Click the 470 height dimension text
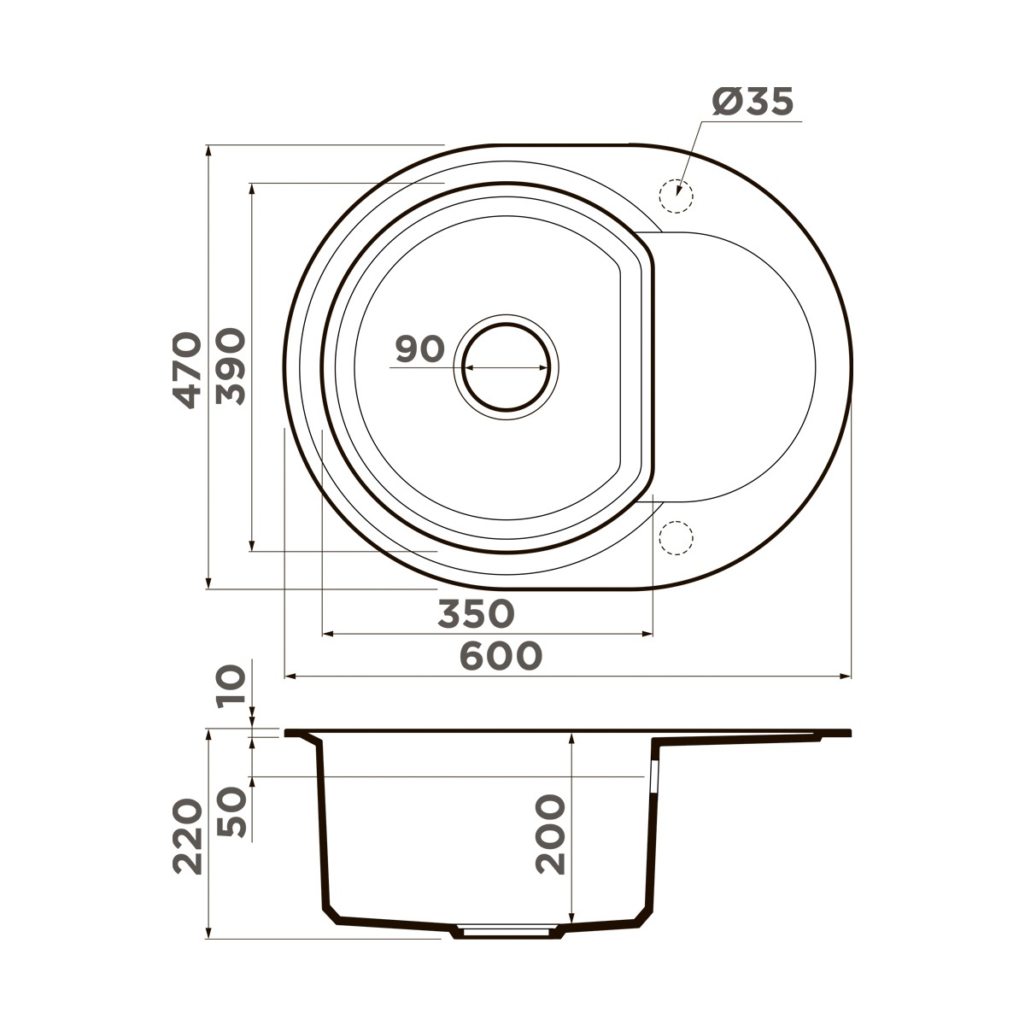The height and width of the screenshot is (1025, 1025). [187, 369]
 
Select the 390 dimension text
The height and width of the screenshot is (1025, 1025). [231, 367]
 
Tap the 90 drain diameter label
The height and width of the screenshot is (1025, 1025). [420, 349]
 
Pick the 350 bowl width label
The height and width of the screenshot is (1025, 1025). [476, 613]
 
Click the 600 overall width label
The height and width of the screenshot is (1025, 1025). [501, 656]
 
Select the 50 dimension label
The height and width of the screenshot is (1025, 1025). [231, 811]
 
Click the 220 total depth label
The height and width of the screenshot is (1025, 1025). [188, 837]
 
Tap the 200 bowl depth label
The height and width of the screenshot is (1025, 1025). [551, 835]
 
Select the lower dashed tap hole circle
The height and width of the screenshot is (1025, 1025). [676, 538]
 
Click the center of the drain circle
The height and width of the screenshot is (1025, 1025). [507, 367]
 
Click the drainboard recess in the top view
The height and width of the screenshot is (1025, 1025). [735, 367]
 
